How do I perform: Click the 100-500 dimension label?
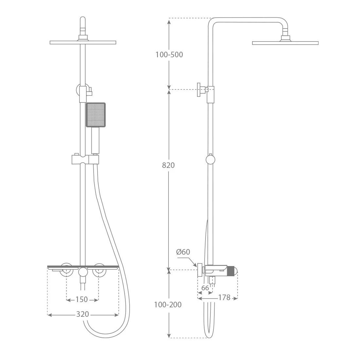tap(169, 55)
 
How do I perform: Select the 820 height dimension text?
tap(168, 165)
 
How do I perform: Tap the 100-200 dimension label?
tap(168, 305)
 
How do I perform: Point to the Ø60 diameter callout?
tap(183, 252)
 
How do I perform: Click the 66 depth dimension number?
tap(205, 288)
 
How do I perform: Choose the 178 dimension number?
tap(224, 297)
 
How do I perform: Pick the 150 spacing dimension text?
tap(82, 299)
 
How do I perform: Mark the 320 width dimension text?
tap(83, 314)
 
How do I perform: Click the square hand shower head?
tap(96, 115)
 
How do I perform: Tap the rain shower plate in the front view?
tap(83, 43)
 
